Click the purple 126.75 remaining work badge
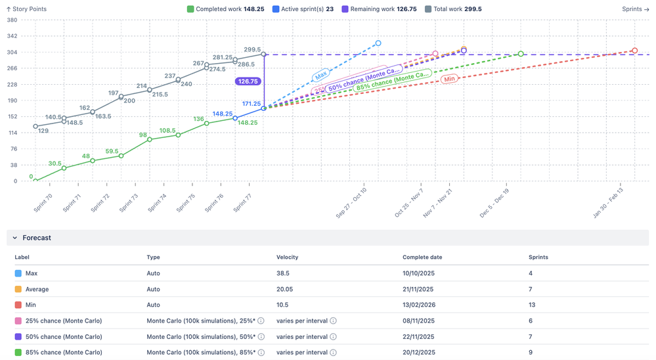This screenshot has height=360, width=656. click(249, 81)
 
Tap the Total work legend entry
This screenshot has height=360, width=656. click(453, 9)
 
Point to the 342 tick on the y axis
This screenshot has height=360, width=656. click(11, 36)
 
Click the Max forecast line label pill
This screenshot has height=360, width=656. click(321, 76)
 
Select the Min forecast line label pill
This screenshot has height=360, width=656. click(449, 79)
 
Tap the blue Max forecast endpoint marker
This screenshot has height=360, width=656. click(378, 43)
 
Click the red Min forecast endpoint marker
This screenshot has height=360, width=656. click(634, 51)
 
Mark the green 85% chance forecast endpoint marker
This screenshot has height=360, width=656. click(521, 54)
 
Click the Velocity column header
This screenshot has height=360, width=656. click(288, 258)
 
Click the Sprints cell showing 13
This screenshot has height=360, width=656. click(533, 305)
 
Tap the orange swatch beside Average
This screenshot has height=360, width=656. click(18, 289)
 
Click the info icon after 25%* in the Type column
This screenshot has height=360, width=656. click(261, 321)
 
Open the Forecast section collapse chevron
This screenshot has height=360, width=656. click(15, 238)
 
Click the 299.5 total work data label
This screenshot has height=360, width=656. click(253, 49)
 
